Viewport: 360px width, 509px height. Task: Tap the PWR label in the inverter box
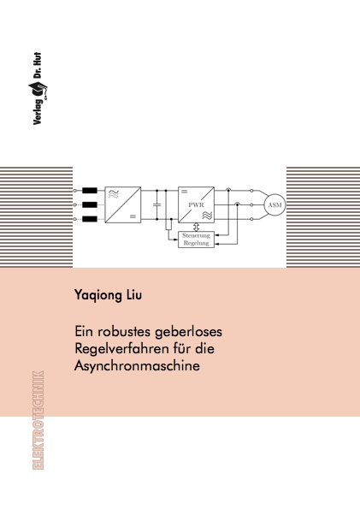click(196, 204)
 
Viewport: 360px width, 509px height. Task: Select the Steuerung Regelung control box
click(197, 240)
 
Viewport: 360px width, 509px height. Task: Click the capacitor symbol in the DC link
click(157, 204)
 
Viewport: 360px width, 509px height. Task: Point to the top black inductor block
click(90, 191)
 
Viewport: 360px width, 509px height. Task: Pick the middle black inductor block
click(90, 204)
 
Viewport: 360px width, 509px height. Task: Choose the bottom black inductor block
click(90, 219)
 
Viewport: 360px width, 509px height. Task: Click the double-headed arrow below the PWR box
click(196, 227)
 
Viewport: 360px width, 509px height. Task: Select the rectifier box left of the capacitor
click(122, 204)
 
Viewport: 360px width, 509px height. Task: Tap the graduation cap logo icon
click(38, 90)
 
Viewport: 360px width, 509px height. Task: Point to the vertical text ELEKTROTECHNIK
click(38, 420)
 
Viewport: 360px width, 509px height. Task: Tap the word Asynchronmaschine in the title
click(137, 366)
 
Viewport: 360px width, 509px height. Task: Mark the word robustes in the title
click(124, 332)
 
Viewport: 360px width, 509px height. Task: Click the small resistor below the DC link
click(168, 224)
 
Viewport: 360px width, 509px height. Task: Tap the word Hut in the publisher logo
click(38, 58)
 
